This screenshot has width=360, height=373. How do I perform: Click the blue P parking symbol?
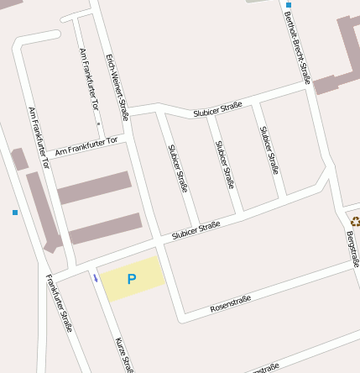click(131, 279)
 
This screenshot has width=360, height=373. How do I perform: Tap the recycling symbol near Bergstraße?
click(355, 222)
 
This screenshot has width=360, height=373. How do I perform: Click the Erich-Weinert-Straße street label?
click(117, 87)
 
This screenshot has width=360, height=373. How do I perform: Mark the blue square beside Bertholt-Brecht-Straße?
click(289, 5)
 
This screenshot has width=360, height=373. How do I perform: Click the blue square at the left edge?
click(15, 213)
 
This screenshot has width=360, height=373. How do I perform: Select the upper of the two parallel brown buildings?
click(94, 187)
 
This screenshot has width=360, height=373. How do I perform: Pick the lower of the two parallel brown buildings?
click(105, 229)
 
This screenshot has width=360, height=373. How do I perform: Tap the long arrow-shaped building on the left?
click(44, 210)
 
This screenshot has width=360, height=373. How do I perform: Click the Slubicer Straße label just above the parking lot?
click(196, 231)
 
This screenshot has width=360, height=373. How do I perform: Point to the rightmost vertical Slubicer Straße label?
click(269, 150)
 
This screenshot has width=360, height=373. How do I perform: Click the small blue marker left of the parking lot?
click(96, 278)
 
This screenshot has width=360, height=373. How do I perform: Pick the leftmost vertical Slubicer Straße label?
click(178, 169)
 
